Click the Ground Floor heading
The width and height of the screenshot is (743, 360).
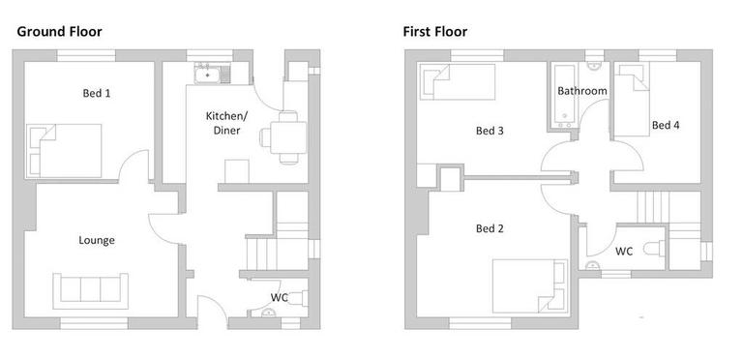click(59, 31)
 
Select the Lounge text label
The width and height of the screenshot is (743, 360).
click(98, 240)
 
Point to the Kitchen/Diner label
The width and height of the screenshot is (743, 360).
click(227, 123)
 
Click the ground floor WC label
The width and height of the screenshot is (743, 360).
click(279, 296)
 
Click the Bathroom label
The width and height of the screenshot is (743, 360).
click(581, 91)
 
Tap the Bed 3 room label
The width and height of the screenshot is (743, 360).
click(490, 131)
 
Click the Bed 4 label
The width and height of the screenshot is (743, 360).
click(666, 125)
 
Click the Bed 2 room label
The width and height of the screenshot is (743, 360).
click(490, 229)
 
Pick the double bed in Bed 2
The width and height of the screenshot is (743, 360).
click(528, 285)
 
